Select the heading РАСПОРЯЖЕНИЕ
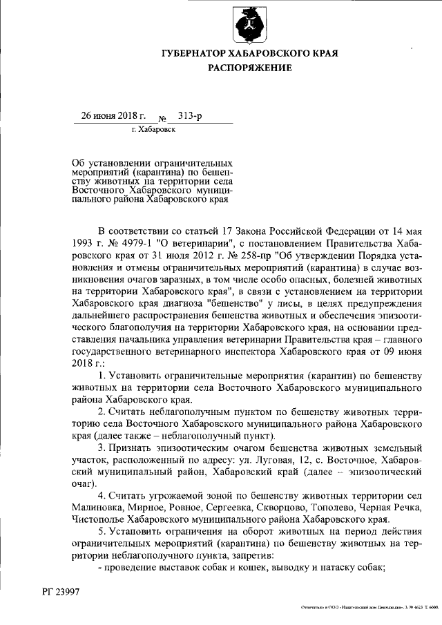tap(250, 68)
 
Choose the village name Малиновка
tap(98, 508)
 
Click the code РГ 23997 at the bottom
tap(60, 592)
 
